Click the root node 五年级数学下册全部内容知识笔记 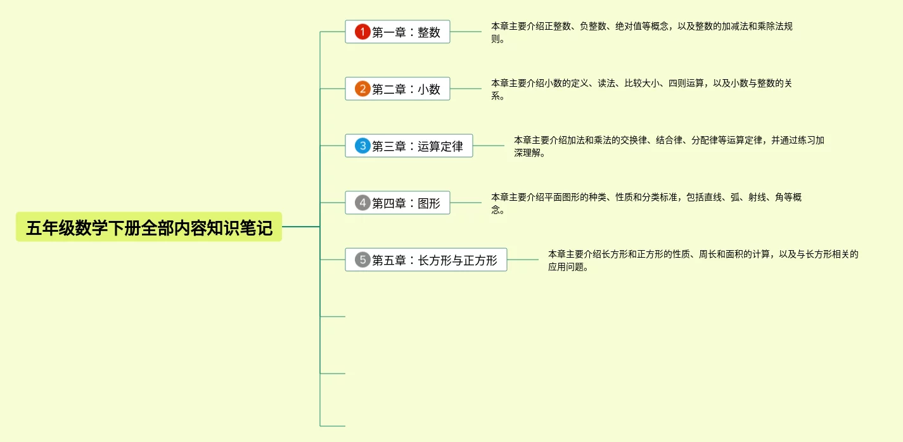(x=149, y=227)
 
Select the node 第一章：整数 (x=406, y=32)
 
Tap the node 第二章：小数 (x=406, y=89)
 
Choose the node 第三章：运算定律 (x=417, y=146)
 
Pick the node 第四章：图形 (x=406, y=203)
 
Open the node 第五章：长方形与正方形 (x=434, y=260)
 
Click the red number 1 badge (x=362, y=32)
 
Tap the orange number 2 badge (x=362, y=89)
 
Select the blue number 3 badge (x=362, y=146)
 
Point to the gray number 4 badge (x=362, y=203)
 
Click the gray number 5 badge (x=362, y=260)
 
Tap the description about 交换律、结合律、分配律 (x=669, y=146)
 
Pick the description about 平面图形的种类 (x=646, y=203)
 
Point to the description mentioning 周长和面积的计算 (x=703, y=260)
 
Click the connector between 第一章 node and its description (x=466, y=32)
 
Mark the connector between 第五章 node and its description (x=523, y=260)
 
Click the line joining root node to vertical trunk (x=301, y=227)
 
